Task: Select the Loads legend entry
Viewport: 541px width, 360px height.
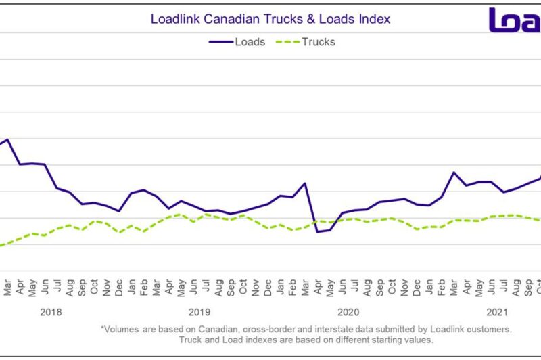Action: click(237, 41)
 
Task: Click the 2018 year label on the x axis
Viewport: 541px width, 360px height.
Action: click(51, 312)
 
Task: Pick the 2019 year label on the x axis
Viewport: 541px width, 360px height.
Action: click(199, 312)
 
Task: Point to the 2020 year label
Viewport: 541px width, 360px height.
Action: click(348, 312)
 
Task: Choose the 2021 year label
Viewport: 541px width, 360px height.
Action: click(497, 312)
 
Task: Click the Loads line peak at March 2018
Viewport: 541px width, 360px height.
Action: click(7, 139)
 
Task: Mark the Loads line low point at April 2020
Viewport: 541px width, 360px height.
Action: click(317, 232)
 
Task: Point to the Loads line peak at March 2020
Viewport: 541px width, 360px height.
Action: click(305, 183)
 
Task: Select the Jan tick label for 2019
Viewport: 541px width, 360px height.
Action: click(131, 286)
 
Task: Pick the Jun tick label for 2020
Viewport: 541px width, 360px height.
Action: click(342, 286)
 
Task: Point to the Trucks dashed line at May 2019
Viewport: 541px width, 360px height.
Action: click(181, 215)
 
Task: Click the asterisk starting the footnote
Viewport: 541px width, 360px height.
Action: click(103, 328)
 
